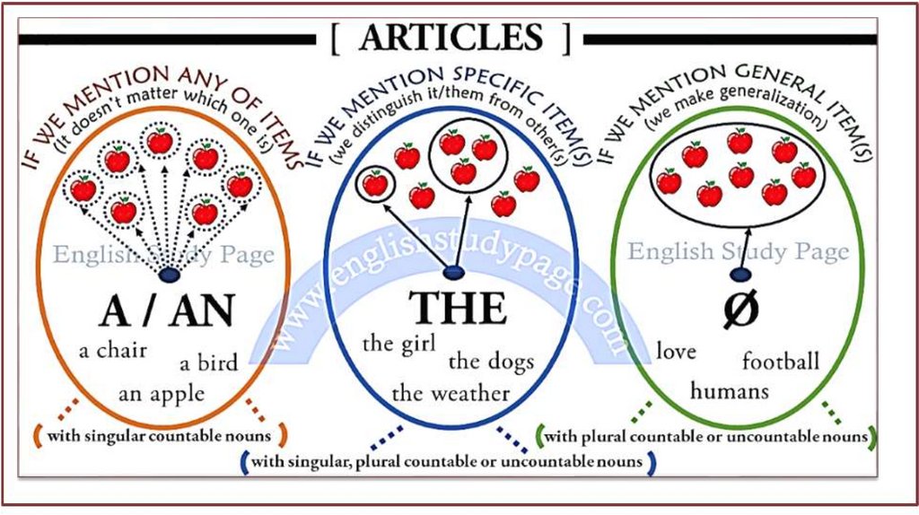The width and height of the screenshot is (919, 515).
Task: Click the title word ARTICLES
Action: coord(451,38)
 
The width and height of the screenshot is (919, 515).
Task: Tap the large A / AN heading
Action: coord(167,310)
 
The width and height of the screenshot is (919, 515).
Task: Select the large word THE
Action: coord(458,308)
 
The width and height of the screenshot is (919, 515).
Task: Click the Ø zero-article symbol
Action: coord(741,309)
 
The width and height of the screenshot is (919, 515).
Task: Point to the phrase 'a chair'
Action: coord(113,350)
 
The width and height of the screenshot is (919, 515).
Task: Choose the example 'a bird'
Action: coord(208,363)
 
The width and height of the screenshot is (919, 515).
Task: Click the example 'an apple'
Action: coord(162,393)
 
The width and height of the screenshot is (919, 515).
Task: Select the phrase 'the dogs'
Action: coord(491,362)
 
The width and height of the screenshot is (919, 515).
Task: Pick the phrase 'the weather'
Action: coord(451,392)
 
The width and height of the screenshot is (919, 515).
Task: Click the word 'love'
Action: coord(676,351)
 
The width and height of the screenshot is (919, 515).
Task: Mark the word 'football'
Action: coord(781,362)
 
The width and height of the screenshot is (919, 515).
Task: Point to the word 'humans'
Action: coord(730,391)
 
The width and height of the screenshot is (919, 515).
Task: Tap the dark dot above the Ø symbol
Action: coord(741,275)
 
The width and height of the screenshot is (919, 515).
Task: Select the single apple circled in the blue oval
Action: coord(375,184)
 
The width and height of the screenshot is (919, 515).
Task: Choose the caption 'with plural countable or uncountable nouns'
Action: coord(706,437)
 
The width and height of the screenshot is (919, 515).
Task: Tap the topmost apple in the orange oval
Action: coord(161,141)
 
